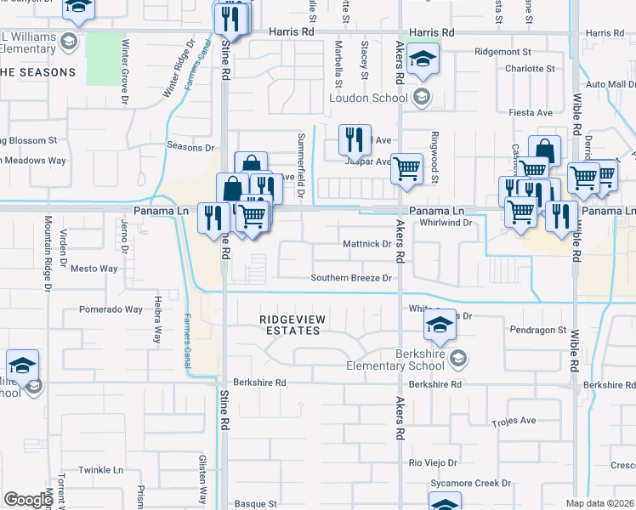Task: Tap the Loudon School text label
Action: pos(368,98)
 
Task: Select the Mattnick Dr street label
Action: pos(366,244)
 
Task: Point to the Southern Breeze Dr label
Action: pos(351,278)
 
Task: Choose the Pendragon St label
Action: pos(537,329)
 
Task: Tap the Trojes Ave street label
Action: pos(514,421)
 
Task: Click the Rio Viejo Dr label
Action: pos(433,463)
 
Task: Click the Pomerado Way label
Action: pos(111,309)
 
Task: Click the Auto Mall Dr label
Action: pos(610,84)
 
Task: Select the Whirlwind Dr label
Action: pos(446,223)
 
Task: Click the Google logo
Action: pos(28,500)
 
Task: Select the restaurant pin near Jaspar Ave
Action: pos(355,139)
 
